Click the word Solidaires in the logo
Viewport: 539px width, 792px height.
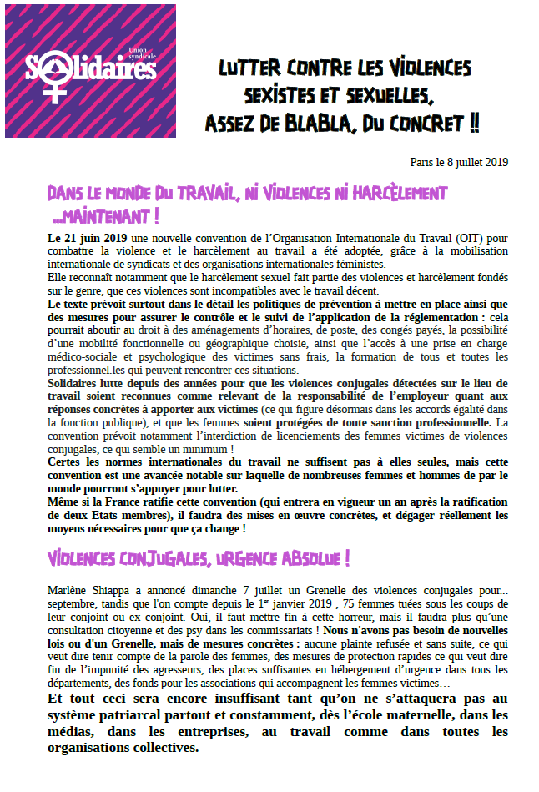pos(91,68)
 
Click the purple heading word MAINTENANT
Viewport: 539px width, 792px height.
pos(108,218)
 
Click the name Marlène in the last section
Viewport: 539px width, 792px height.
pos(69,591)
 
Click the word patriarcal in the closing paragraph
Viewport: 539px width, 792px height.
pos(146,715)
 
